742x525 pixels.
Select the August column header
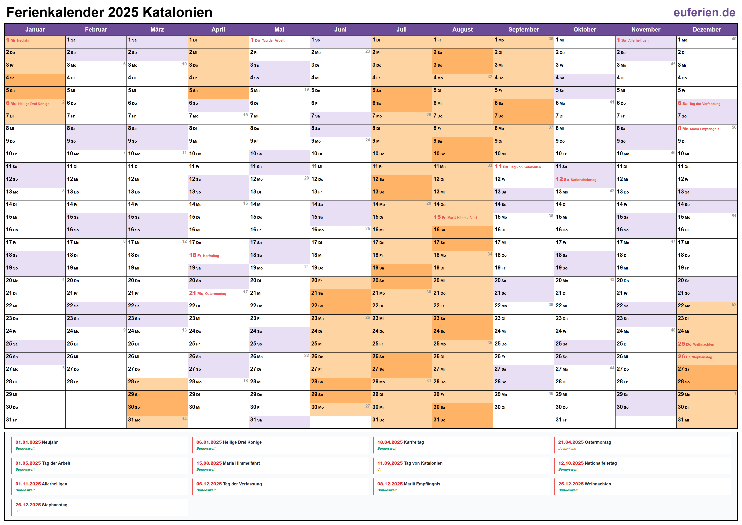462,29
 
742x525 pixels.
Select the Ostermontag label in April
215,294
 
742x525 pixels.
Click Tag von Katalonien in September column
525,167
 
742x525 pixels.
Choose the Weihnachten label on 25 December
703,344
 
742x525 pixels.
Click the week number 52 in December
734,305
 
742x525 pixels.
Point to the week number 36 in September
551,39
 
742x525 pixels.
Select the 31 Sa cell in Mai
279,420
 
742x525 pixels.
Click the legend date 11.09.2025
390,463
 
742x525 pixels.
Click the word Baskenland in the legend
567,448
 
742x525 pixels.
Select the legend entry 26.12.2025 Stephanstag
41,505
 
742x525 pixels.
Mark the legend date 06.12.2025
209,484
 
